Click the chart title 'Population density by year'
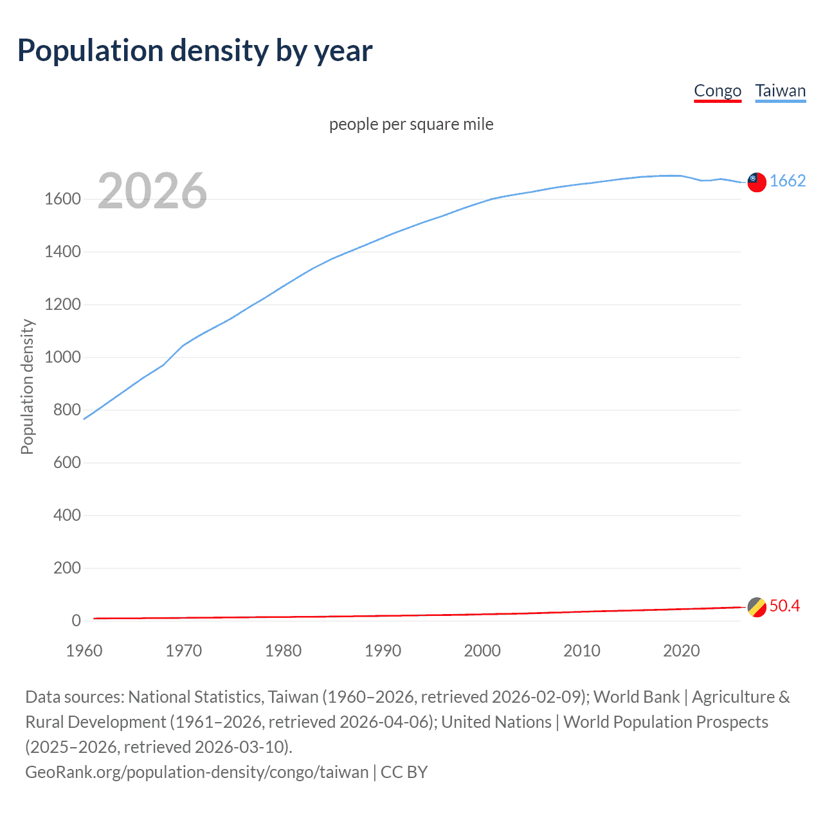(195, 51)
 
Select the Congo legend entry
(718, 91)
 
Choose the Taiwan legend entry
(780, 91)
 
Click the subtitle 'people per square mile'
(411, 124)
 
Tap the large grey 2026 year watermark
(152, 191)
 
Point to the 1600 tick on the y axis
(62, 199)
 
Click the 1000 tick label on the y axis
(62, 357)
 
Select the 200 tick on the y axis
(67, 568)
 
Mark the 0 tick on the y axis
(76, 621)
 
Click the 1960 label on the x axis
(84, 651)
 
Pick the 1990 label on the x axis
(383, 651)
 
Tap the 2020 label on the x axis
(681, 651)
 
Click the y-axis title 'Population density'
(27, 387)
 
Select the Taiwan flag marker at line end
(757, 182)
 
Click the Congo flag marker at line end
(757, 607)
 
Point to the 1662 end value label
(788, 181)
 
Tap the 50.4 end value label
(784, 606)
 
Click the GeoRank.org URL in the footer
(197, 772)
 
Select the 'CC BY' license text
(404, 772)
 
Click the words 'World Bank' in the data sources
(636, 697)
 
